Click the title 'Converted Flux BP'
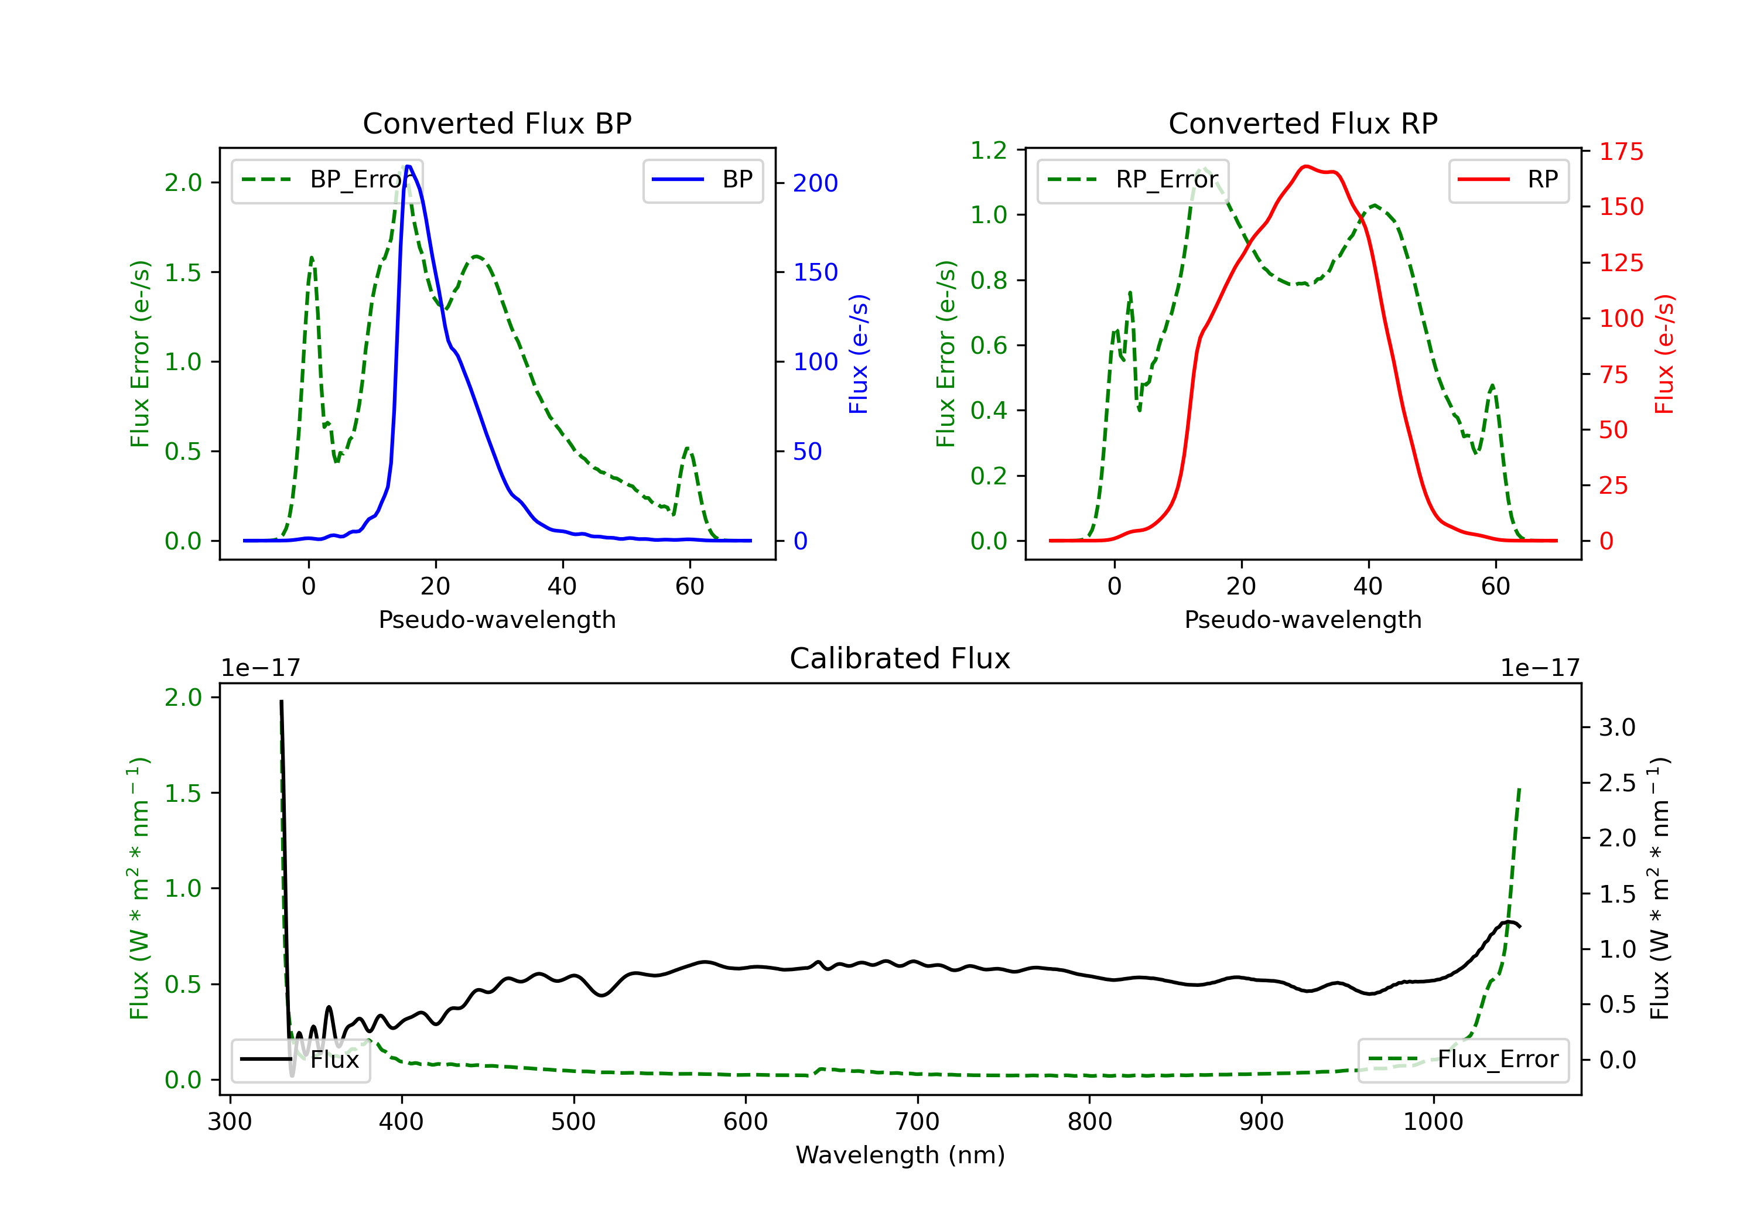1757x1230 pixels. click(497, 123)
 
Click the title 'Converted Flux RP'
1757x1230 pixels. click(1303, 123)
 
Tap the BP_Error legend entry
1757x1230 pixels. click(327, 180)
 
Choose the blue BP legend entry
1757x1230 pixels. click(702, 180)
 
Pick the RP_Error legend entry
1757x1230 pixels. click(1133, 180)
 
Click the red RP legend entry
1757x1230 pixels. click(1508, 180)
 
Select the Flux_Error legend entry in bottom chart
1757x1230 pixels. click(1462, 1060)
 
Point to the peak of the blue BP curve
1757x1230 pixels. click(409, 166)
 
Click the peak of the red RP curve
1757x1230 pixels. click(1305, 166)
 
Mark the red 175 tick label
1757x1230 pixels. click(1621, 152)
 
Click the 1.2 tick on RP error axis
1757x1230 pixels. click(989, 151)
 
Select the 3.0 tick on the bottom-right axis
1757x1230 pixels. click(1617, 727)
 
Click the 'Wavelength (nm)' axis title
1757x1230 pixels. click(900, 1155)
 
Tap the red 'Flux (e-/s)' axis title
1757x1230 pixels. click(1664, 354)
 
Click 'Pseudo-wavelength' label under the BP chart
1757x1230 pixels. click(497, 619)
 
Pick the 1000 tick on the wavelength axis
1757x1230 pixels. click(1433, 1122)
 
